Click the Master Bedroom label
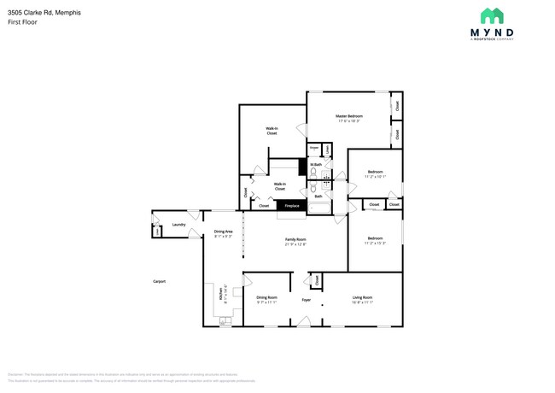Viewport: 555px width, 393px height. point(348,116)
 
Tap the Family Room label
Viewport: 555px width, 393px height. point(295,239)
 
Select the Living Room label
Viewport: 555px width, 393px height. point(363,297)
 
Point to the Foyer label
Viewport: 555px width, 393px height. point(305,300)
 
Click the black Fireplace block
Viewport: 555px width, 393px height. point(291,206)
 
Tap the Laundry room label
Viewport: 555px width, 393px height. point(178,225)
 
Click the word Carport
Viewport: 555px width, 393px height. point(159,281)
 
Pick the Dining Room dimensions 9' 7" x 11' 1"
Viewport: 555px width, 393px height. point(267,302)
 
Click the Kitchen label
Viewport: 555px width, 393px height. point(224,292)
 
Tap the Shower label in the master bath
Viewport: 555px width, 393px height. point(314,146)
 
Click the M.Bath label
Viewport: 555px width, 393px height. point(315,164)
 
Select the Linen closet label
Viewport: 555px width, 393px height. point(327,148)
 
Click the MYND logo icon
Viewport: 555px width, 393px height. point(491,15)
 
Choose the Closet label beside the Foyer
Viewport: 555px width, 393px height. point(318,279)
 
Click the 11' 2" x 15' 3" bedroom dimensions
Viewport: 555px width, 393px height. point(375,243)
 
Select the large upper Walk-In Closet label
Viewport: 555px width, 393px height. point(272,132)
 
